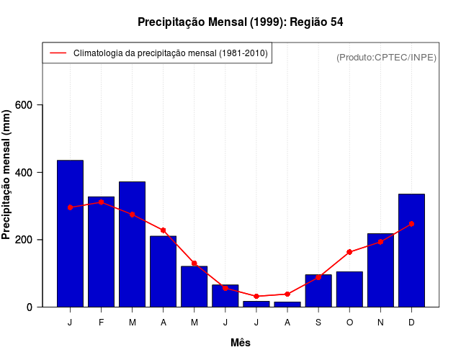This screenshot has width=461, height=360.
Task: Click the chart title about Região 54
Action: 241,22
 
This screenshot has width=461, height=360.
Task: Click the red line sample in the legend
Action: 58,53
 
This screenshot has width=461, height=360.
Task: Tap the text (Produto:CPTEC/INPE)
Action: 386,57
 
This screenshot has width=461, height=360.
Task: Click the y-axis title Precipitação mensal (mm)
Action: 7,175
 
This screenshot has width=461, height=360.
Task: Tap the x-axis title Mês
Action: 241,343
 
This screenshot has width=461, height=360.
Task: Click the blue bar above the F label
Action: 101,252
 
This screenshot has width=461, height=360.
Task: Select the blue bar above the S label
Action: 318,291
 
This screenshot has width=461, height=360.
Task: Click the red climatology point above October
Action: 349,252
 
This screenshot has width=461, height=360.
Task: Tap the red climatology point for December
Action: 411,224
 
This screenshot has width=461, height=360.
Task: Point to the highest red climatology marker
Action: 101,202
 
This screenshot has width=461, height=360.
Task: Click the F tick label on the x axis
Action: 101,323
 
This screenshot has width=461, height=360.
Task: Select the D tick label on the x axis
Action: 411,323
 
